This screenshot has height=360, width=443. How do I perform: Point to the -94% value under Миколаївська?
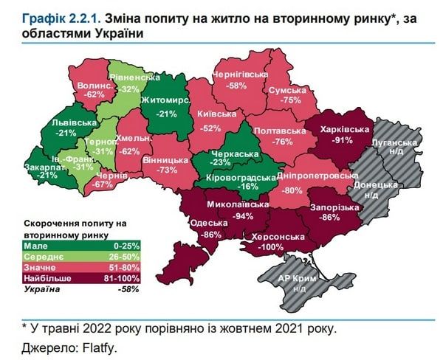[241, 216]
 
